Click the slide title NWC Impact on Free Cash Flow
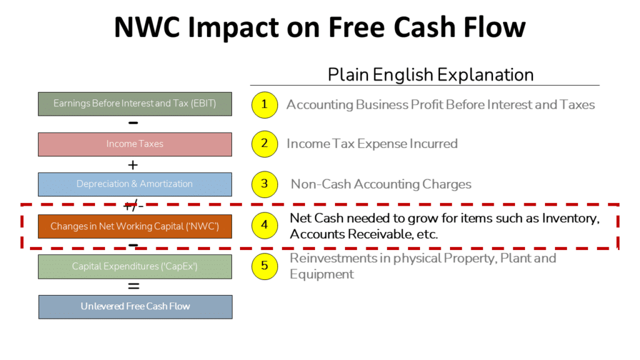(319, 28)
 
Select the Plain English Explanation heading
(431, 75)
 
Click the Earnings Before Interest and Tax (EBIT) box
(135, 104)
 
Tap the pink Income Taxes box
(135, 144)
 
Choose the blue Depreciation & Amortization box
(135, 184)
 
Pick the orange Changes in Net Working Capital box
(135, 226)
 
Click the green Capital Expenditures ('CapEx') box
(135, 266)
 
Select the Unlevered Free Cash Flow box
(135, 306)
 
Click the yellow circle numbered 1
(264, 104)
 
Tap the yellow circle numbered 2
(264, 144)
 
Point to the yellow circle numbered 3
(264, 184)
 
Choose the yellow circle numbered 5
(264, 266)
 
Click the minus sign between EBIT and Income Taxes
(134, 123)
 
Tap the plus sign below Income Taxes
(133, 165)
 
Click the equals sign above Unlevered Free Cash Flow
(134, 286)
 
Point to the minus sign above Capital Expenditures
(134, 245)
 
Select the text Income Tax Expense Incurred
(372, 144)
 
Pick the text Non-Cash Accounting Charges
(381, 184)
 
